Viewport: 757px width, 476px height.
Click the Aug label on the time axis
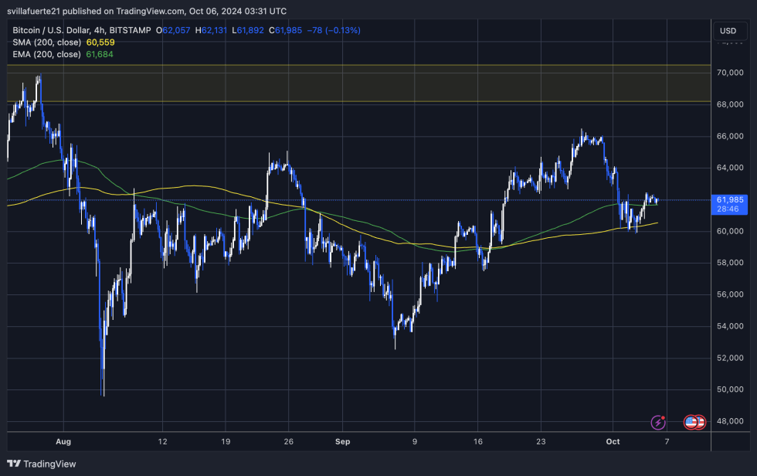tap(63, 441)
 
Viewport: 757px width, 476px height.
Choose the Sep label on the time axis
tap(343, 441)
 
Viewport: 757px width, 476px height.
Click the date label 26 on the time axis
tap(287, 441)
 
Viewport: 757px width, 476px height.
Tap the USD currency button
tap(728, 31)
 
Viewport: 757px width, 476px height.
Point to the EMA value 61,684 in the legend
tap(98, 55)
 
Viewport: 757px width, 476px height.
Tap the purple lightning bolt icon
tap(658, 422)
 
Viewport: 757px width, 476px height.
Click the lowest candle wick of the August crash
tap(103, 394)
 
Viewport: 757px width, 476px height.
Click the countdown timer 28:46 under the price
tap(727, 209)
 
